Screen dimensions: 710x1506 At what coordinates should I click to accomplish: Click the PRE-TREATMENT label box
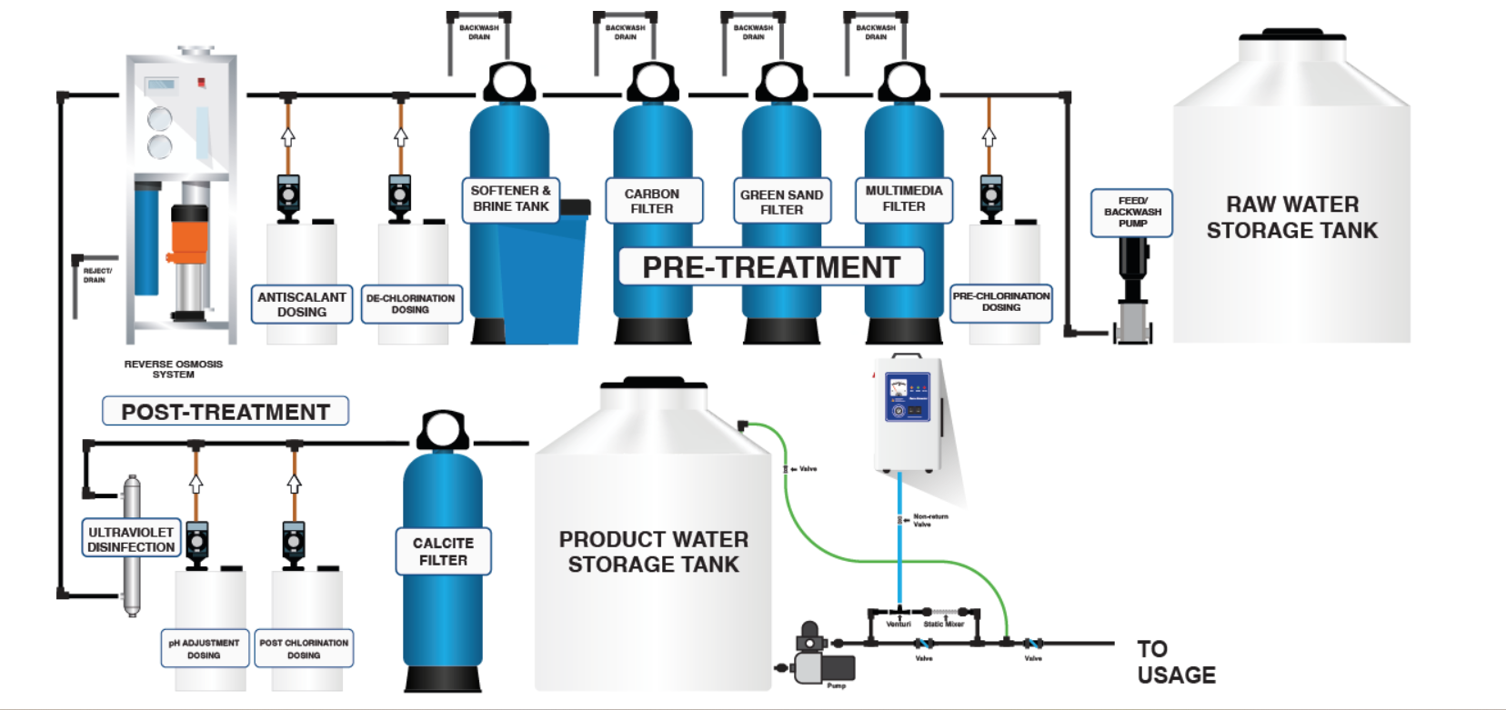click(771, 267)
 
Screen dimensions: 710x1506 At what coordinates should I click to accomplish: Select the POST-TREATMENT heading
click(225, 412)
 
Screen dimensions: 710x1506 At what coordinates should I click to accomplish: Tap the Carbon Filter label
click(653, 201)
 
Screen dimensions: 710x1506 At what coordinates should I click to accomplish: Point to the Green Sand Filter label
click(781, 202)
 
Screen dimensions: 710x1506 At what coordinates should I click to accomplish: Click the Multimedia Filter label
click(903, 199)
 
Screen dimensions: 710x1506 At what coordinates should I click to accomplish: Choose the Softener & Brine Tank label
click(510, 199)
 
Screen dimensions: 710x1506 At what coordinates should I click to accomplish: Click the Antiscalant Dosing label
click(301, 305)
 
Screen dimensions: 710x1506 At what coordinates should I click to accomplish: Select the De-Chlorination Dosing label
click(411, 304)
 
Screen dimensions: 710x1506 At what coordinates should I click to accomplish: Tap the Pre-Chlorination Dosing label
click(1000, 302)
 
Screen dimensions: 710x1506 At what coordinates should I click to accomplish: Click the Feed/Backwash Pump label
click(1131, 213)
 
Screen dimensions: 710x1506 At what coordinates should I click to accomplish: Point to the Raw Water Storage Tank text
click(1291, 217)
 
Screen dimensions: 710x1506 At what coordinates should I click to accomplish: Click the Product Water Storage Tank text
click(654, 552)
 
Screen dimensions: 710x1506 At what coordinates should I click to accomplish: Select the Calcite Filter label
click(443, 551)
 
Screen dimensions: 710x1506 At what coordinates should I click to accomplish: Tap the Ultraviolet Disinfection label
click(131, 539)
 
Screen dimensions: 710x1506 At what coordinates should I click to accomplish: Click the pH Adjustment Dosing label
click(204, 648)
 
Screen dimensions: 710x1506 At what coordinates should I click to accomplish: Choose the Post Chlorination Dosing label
click(304, 648)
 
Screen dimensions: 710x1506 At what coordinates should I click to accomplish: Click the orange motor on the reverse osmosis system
click(188, 238)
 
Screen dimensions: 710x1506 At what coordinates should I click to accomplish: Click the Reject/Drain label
click(96, 275)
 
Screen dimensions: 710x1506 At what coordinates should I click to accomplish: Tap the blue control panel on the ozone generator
click(906, 397)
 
